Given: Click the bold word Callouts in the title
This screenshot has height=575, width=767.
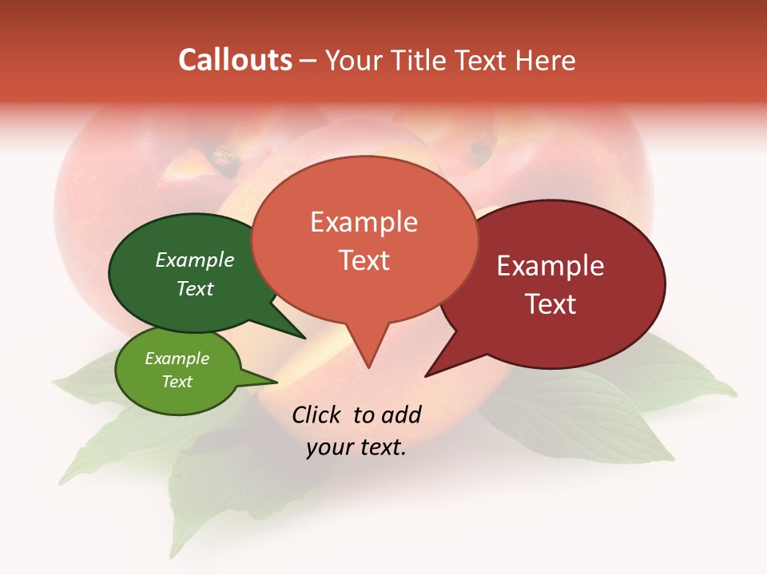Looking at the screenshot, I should tap(235, 60).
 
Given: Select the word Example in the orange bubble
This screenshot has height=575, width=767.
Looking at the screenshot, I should tap(364, 222).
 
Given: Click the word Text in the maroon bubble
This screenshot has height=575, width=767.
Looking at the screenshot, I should tap(550, 304).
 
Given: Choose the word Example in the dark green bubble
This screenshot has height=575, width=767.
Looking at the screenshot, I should tap(195, 260).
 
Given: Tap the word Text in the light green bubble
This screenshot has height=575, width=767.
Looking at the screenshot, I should tap(177, 382).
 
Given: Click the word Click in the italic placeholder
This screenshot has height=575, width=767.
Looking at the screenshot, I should tap(316, 414).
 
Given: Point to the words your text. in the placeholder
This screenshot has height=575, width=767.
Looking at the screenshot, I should tap(356, 447).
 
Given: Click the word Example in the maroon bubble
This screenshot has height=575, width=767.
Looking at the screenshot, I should tap(550, 266).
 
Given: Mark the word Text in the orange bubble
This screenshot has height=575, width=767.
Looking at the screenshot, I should tap(364, 260).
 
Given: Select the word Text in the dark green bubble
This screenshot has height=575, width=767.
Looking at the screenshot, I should tap(195, 288).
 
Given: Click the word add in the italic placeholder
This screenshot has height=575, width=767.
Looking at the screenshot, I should tap(401, 414).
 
